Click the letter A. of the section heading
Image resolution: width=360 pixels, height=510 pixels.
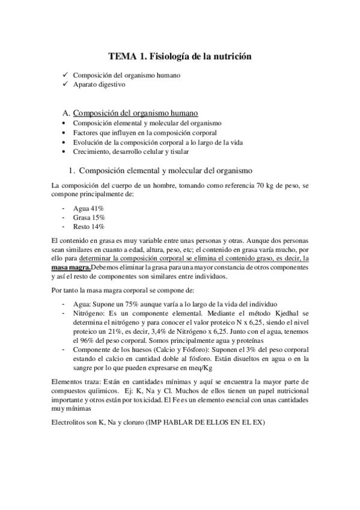(66, 112)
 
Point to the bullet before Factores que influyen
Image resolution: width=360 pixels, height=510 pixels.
(64, 132)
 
